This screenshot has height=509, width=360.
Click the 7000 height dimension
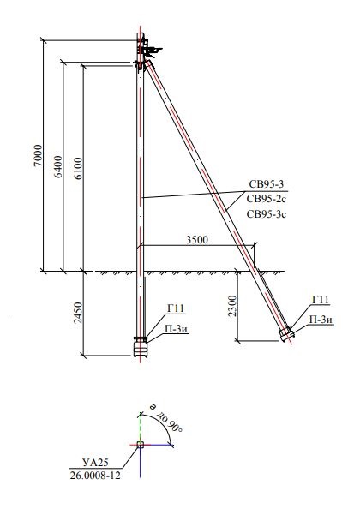pos(39,155)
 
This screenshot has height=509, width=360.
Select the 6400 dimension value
pos(58,166)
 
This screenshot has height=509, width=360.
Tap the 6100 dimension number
pos(78,169)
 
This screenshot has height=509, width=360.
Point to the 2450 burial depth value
pos(78,313)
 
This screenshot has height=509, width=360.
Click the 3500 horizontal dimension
pos(197,240)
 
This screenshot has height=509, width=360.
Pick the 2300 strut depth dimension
pos(232,306)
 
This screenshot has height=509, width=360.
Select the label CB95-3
pos(267,184)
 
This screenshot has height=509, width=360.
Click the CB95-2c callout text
pos(267,199)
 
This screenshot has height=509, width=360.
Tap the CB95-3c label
pos(267,214)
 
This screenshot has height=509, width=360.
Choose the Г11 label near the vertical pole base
pos(176,308)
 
